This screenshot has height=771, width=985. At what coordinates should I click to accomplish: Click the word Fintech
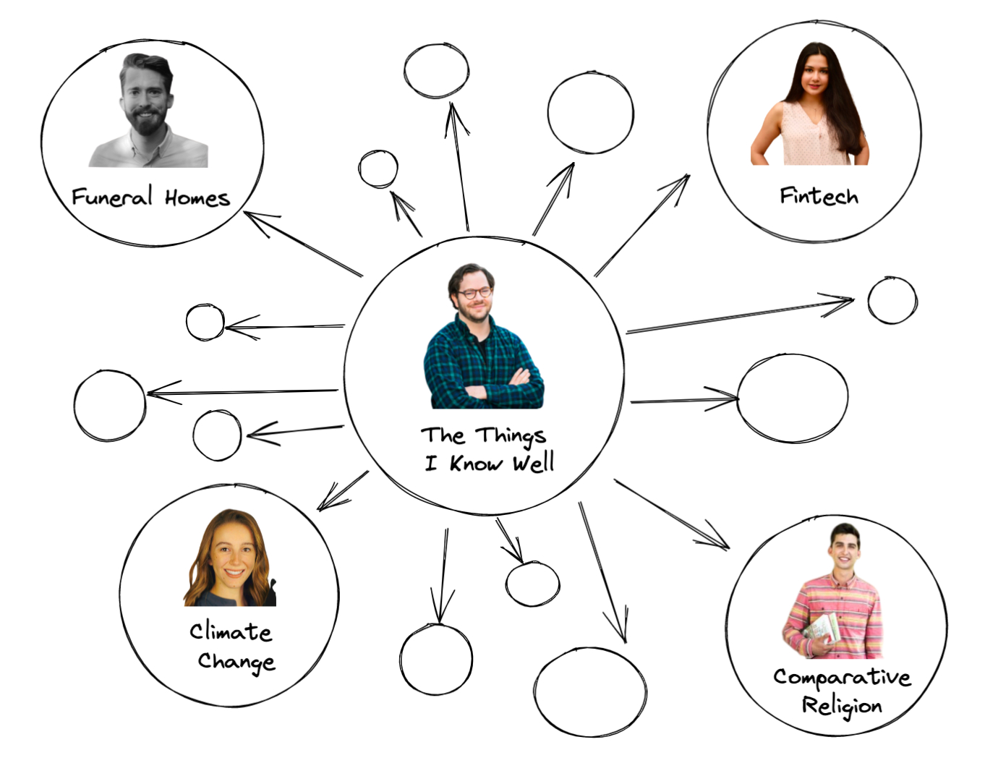[819, 196]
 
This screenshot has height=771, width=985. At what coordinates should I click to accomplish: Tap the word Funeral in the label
[112, 196]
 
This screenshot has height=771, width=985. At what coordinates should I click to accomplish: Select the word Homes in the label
[197, 198]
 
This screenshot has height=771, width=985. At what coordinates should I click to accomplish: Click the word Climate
[231, 631]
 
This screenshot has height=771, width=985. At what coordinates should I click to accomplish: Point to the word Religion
[842, 706]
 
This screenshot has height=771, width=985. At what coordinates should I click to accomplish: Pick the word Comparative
[843, 677]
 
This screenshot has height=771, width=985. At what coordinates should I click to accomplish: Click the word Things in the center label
[511, 437]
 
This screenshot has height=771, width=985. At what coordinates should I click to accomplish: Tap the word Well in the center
[534, 462]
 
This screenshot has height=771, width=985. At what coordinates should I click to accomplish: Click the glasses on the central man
[474, 293]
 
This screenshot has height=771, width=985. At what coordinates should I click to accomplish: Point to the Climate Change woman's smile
[234, 573]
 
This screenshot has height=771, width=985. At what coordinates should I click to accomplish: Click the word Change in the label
[236, 663]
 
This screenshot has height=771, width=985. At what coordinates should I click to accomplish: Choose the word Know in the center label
[476, 462]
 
